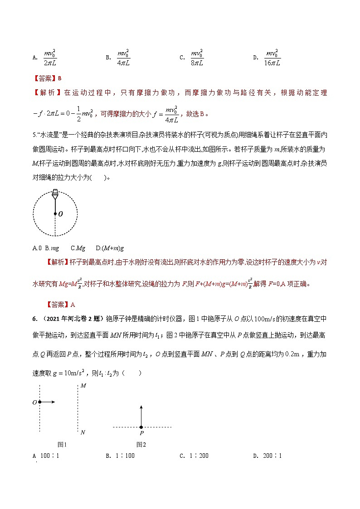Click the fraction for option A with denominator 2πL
click(50, 58)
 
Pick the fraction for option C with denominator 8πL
click(197, 58)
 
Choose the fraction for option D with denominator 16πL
click(272, 58)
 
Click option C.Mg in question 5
click(78, 248)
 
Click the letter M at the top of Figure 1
click(83, 386)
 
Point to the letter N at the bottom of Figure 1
click(83, 432)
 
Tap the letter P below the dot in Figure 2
click(141, 433)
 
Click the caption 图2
click(141, 444)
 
